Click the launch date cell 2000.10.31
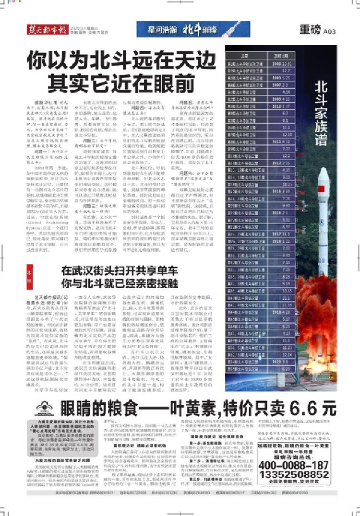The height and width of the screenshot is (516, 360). (x=283, y=63)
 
